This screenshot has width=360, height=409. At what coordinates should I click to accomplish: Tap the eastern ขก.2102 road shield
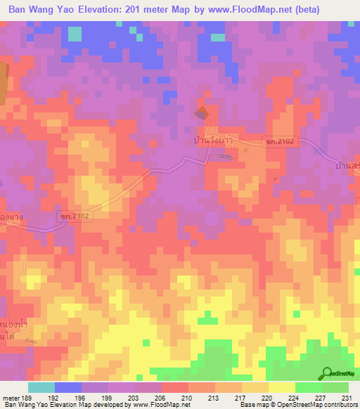coord(271,141)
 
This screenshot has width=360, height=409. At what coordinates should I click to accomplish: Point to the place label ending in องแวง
coord(12,218)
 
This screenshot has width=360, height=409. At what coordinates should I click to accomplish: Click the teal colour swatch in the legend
coord(41,387)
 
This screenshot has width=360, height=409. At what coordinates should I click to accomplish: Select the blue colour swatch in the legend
coord(68,387)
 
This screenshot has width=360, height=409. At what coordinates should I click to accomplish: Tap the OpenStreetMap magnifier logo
coord(327,373)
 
